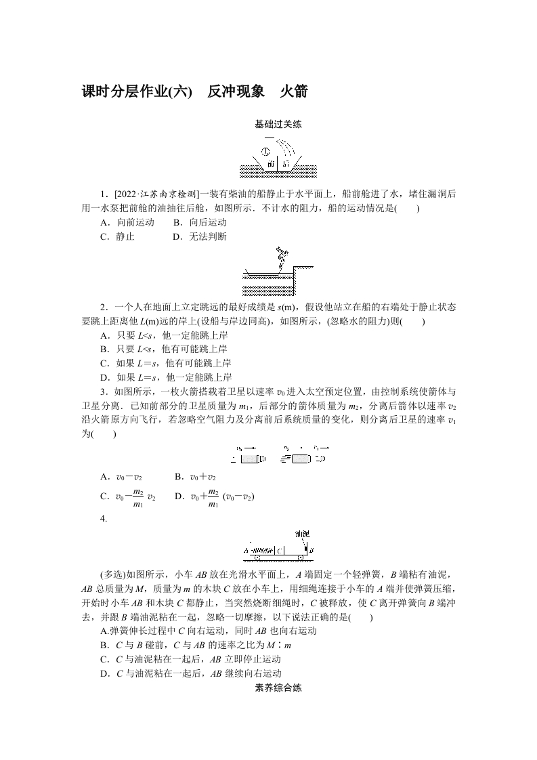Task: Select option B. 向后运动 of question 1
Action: (200, 222)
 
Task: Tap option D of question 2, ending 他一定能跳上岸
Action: (166, 378)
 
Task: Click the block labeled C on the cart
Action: (280, 551)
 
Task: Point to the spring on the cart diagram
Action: (263, 551)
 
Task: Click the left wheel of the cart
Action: (252, 560)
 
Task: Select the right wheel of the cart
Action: (300, 560)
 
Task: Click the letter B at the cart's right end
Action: (311, 551)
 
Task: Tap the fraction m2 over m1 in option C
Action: (137, 497)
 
